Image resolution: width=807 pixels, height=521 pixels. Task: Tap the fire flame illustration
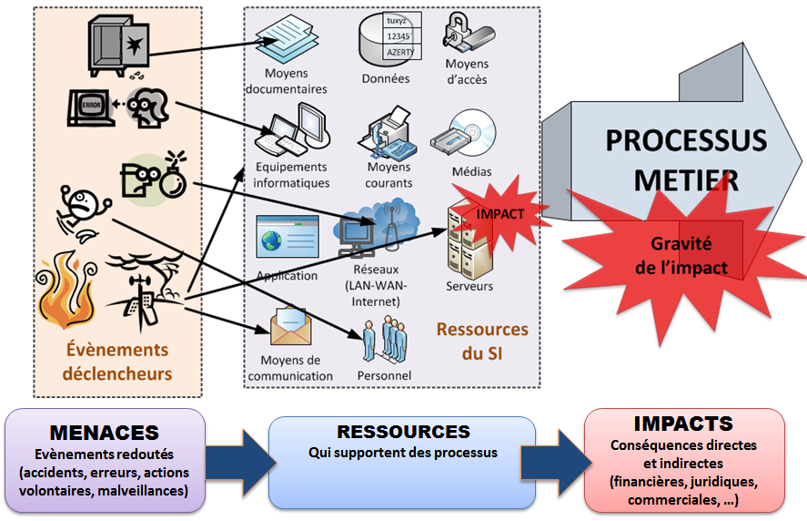point(69,291)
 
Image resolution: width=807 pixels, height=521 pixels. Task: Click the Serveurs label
point(469,286)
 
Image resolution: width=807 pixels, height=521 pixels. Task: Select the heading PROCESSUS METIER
point(685,159)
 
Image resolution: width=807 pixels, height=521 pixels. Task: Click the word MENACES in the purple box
point(105,433)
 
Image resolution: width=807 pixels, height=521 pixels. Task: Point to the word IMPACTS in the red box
point(683,424)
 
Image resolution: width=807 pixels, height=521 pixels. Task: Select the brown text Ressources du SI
point(481,341)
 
